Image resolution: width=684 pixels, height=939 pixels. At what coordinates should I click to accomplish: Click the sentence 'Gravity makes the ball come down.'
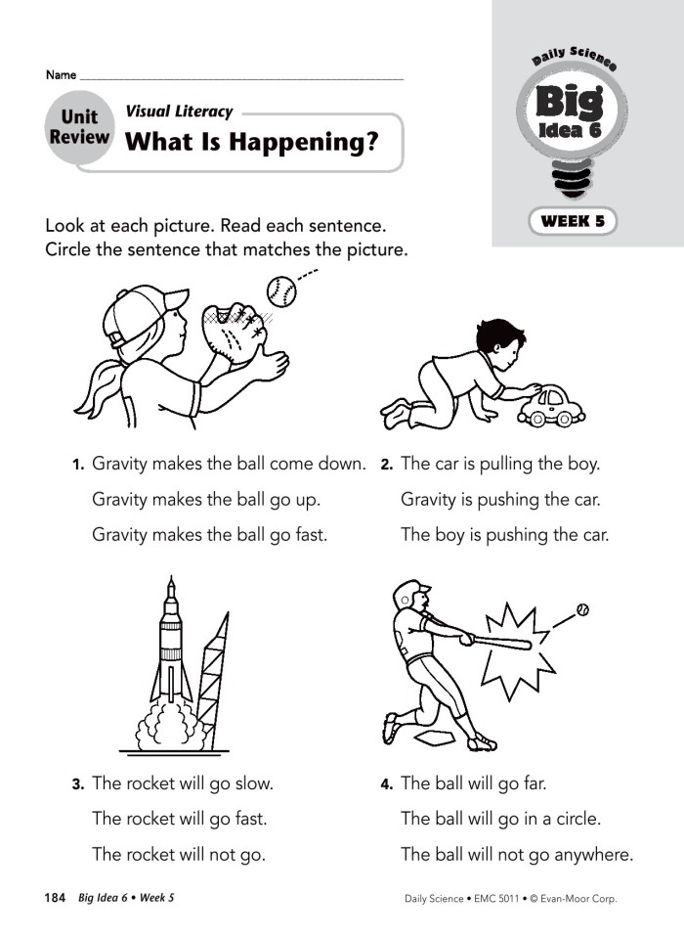coord(229,464)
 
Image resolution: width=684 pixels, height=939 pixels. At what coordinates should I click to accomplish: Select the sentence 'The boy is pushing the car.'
coord(504,535)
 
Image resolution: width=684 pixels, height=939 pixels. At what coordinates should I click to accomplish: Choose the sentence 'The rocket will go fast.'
coord(179,818)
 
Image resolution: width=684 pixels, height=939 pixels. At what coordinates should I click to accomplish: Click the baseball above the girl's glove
coord(279,289)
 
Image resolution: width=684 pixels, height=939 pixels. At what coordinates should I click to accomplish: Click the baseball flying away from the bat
coord(583,609)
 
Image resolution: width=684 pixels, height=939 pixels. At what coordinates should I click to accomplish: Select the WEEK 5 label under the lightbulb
coord(573,221)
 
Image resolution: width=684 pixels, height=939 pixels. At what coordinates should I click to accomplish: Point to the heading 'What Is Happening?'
coord(251,143)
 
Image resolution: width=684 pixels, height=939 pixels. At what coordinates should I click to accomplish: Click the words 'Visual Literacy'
coord(179,112)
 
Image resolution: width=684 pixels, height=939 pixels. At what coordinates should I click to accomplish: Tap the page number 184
coord(55,897)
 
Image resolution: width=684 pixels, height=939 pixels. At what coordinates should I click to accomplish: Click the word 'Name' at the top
coord(61,75)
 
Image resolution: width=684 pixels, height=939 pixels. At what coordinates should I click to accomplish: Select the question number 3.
coord(77,784)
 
